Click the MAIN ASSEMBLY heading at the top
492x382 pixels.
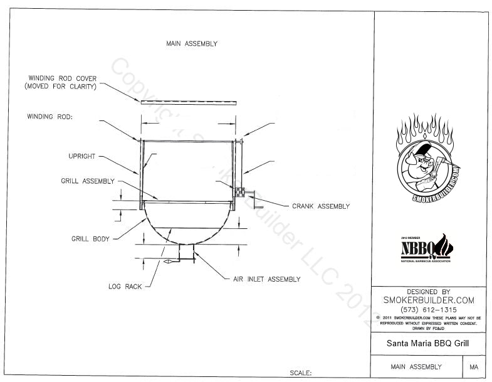[x=192, y=44]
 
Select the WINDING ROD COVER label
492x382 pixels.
[x=61, y=82]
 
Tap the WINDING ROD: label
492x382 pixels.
[x=50, y=117]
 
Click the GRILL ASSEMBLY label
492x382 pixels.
[x=87, y=181]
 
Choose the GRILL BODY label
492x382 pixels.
[x=90, y=238]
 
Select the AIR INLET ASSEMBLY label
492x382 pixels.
[x=258, y=279]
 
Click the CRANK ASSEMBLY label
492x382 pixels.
[x=321, y=206]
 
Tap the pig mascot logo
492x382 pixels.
[x=429, y=159]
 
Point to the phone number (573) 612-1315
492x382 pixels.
[x=428, y=310]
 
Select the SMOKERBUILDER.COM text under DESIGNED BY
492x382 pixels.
[x=428, y=300]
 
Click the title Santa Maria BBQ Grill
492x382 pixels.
[x=428, y=344]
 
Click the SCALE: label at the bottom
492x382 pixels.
[x=301, y=373]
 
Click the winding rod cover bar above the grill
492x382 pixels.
[x=188, y=102]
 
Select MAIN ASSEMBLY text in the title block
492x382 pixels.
[x=416, y=367]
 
